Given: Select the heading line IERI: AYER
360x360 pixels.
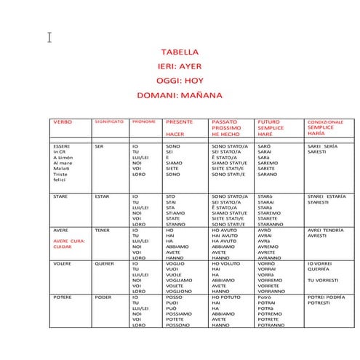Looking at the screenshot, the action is point(180,66).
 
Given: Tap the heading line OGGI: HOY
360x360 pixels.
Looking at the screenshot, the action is point(180,80).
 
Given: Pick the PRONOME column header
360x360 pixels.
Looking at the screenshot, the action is point(143,121).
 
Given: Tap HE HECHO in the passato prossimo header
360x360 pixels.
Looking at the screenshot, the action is point(225,135).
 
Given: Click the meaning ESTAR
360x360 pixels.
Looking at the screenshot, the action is point(103,196).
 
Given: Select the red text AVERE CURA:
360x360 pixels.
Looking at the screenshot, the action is point(70,241).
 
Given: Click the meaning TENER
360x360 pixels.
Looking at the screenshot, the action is point(103,230).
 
